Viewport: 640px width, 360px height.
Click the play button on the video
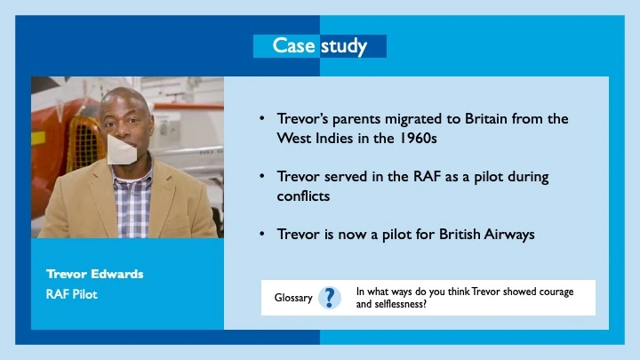(x=122, y=149)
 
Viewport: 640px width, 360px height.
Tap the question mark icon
(x=329, y=298)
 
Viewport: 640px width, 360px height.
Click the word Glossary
(x=293, y=298)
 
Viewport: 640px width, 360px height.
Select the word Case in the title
(x=293, y=46)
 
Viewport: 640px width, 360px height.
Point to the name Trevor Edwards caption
(x=95, y=274)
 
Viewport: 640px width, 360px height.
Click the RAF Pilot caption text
(x=72, y=292)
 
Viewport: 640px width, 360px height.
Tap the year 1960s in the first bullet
(x=415, y=140)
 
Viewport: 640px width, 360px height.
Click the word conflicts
(x=303, y=196)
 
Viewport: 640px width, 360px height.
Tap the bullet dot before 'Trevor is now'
(x=261, y=234)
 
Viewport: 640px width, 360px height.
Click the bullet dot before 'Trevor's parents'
(x=261, y=118)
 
